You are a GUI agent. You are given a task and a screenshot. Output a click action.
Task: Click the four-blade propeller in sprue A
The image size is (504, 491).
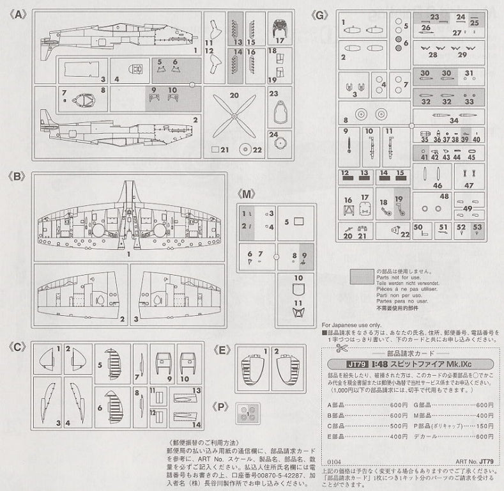pyautogui.click(x=234, y=116)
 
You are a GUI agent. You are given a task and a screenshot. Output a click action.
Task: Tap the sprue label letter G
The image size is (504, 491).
pyautogui.click(x=319, y=13)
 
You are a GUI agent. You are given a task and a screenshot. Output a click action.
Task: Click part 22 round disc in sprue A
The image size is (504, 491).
pyautogui.click(x=245, y=151)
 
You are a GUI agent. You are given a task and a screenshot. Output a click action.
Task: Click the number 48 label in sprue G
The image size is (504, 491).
pyautogui.click(x=444, y=196)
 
